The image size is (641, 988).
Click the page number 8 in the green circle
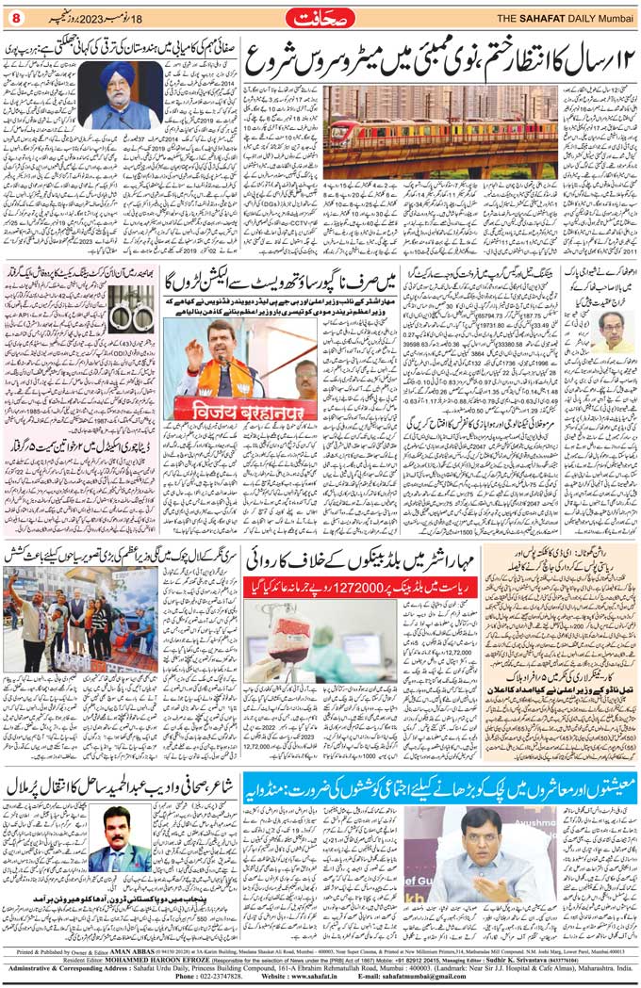(16, 19)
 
